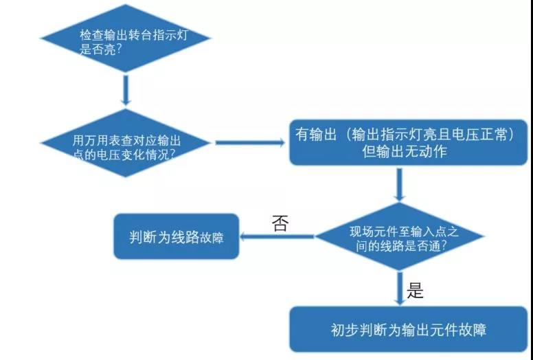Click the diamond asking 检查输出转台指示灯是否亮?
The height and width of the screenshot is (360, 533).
tap(126, 38)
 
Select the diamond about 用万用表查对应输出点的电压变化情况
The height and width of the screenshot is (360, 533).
tap(126, 143)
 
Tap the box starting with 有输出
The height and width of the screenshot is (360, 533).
tap(408, 142)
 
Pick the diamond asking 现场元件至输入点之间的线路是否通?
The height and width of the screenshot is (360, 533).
tap(400, 236)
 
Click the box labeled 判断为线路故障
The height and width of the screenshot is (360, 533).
tap(177, 236)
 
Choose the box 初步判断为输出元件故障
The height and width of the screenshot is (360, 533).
tap(408, 329)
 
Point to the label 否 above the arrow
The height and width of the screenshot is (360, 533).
tap(280, 223)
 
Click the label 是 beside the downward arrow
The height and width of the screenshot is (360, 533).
tap(415, 291)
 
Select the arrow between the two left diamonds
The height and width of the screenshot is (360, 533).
tap(126, 91)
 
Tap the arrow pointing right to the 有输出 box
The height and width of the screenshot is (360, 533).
tap(250, 143)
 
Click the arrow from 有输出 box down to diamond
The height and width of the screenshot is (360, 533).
tap(400, 185)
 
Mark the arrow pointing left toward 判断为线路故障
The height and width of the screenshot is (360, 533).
tap(277, 236)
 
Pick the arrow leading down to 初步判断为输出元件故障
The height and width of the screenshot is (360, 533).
tap(400, 289)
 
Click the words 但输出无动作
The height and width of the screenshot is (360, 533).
tap(405, 152)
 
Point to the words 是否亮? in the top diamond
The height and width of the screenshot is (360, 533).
tap(100, 49)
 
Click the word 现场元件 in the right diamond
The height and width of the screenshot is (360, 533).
tap(371, 232)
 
